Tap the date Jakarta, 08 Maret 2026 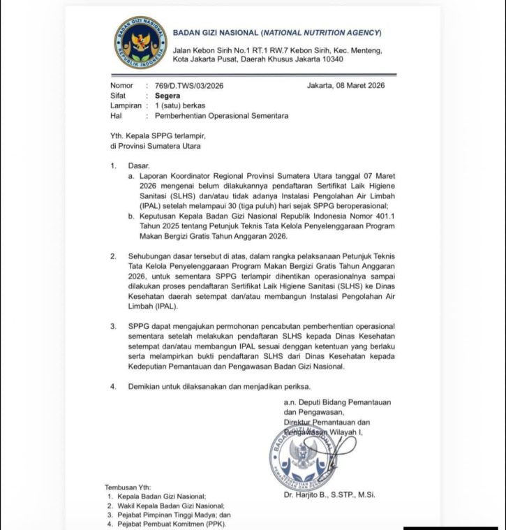tap(345, 86)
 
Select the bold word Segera tap(158, 96)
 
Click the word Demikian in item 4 tap(145, 386)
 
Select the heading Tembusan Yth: tap(128, 487)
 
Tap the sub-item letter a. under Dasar tap(131, 177)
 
